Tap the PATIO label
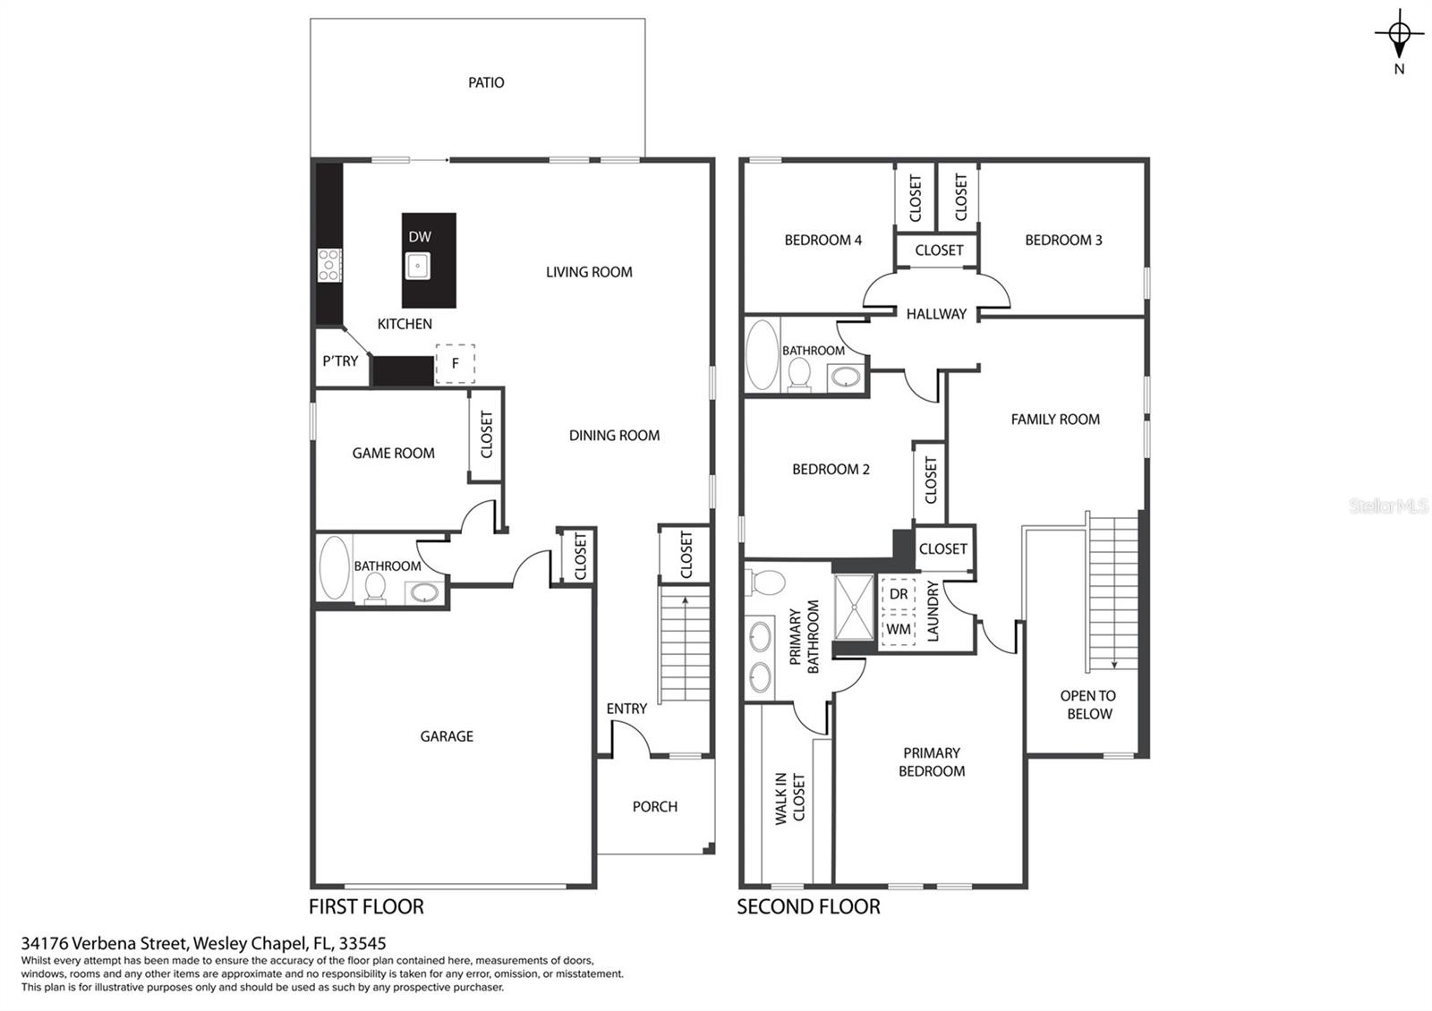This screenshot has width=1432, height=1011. click(486, 82)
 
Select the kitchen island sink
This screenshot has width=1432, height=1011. click(417, 265)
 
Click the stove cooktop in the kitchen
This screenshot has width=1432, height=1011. click(329, 265)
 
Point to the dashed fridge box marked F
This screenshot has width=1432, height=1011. click(456, 363)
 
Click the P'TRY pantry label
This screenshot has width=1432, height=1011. click(340, 361)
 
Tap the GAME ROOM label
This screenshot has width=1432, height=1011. click(393, 453)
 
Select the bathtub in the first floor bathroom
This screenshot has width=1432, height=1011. click(335, 567)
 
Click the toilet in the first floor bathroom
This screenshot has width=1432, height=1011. click(375, 587)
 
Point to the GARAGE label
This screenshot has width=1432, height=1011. click(447, 736)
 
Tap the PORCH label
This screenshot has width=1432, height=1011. click(654, 806)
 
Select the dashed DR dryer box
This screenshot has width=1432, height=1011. click(899, 594)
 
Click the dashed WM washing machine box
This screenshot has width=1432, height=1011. click(899, 630)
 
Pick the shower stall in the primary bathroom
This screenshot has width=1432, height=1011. click(854, 607)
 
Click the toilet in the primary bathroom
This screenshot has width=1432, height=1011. click(766, 582)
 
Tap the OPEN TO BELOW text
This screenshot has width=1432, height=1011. click(1088, 705)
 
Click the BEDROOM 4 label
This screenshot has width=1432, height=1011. click(823, 241)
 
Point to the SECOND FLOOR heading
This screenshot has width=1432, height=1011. click(809, 907)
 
